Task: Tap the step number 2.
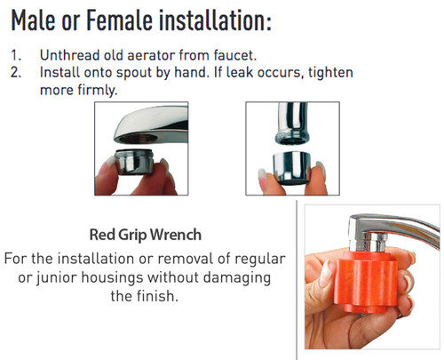(17, 72)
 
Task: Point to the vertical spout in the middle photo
(289, 121)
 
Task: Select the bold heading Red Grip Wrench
(145, 236)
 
